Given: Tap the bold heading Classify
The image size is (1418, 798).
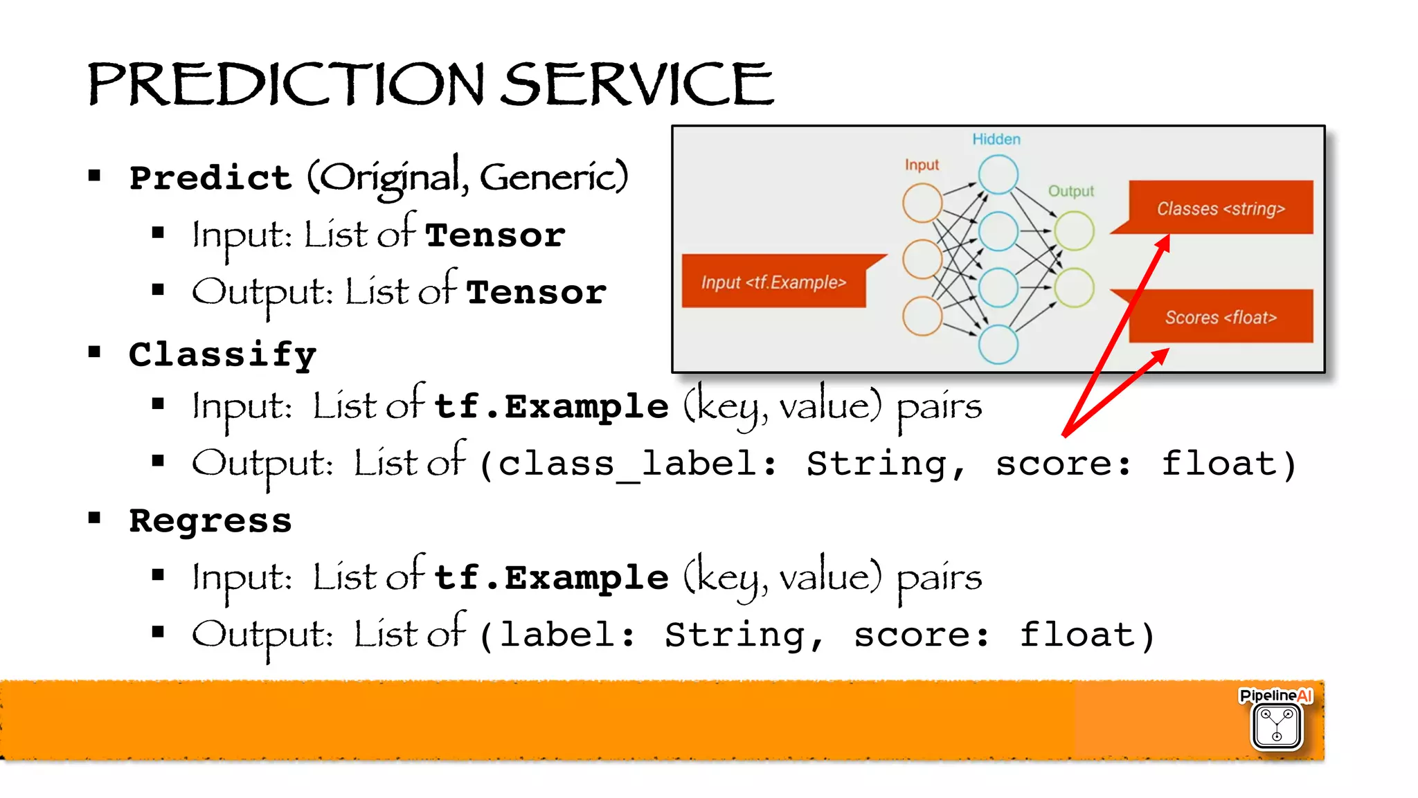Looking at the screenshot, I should [x=222, y=355].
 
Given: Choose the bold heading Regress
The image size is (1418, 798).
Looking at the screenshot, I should [x=210, y=520].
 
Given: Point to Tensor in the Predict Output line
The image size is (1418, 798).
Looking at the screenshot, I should [x=536, y=292].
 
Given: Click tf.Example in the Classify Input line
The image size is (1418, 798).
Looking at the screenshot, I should [x=550, y=406].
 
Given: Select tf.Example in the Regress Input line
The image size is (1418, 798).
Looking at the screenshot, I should [x=550, y=577].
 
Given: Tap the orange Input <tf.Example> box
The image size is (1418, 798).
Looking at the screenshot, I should [x=773, y=282].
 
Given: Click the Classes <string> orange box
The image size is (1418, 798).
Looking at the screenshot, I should [x=1220, y=208].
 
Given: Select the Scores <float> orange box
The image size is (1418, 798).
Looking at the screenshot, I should [x=1220, y=317].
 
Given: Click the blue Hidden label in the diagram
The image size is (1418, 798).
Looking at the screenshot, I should [x=996, y=139].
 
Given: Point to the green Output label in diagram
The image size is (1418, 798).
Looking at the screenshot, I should [x=1070, y=191].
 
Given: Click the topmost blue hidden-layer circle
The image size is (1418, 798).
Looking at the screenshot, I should [x=998, y=174].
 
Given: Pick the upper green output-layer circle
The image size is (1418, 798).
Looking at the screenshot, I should [x=1074, y=231].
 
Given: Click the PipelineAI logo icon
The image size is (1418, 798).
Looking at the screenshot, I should [x=1276, y=725].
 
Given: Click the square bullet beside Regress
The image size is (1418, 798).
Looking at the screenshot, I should [x=95, y=518].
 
